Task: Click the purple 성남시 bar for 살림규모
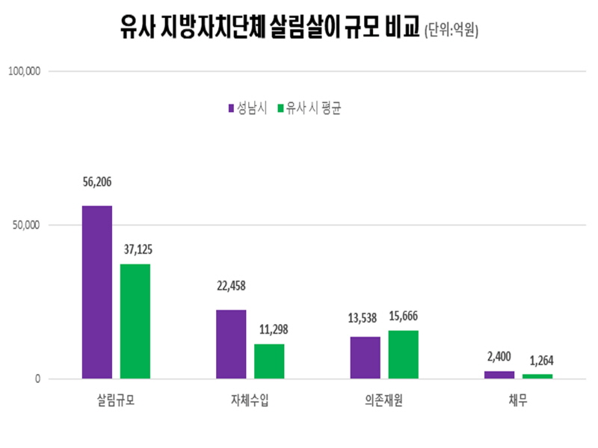coord(96,292)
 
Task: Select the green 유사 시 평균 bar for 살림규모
coord(135,321)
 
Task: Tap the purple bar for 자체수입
coord(231,344)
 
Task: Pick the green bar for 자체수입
coord(269,361)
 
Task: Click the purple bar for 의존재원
coord(365,358)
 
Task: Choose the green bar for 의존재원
coord(403,355)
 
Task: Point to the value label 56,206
coord(97,181)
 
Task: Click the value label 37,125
coord(135,248)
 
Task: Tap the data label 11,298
coord(270,329)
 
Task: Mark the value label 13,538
coord(364,317)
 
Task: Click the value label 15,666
coord(404,317)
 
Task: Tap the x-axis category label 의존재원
coord(384,402)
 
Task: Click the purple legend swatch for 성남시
coord(232,108)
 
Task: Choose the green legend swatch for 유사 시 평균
coord(281,108)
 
